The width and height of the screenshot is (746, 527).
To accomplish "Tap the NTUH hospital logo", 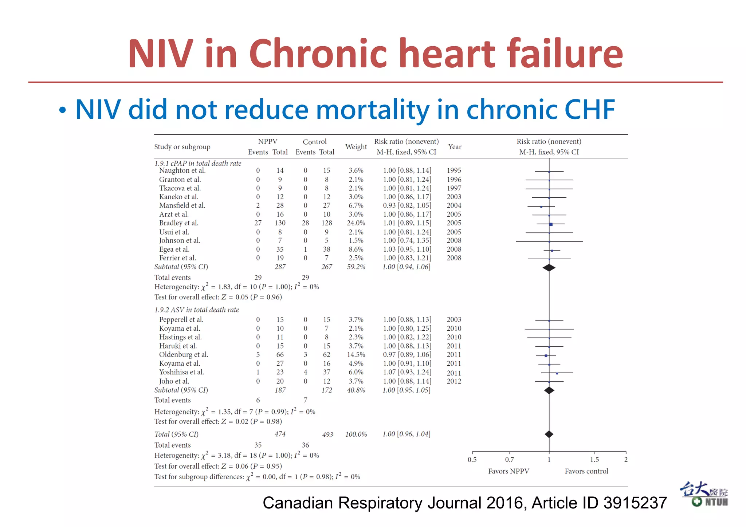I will (x=704, y=494).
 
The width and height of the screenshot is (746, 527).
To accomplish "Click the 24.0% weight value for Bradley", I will (x=356, y=223).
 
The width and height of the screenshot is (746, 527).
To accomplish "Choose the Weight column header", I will (x=356, y=147).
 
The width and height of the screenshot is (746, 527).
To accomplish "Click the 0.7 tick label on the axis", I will (x=509, y=460).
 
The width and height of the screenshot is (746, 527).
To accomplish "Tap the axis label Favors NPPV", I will (x=509, y=471).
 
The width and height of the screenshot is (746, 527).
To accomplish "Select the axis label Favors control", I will (x=586, y=471).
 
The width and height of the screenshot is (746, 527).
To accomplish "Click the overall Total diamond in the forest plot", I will (x=549, y=434).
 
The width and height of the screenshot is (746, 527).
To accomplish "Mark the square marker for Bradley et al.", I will (x=551, y=224).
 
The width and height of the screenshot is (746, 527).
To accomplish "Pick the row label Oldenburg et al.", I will (x=184, y=355).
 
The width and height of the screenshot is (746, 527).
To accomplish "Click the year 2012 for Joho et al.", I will (x=454, y=381).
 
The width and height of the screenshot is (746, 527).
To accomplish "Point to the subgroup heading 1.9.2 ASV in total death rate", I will (x=197, y=310).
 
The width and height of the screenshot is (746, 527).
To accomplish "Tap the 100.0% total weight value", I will (x=356, y=434).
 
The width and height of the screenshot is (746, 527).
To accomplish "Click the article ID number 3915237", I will (x=635, y=503).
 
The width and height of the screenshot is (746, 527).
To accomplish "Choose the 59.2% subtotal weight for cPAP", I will (x=356, y=267).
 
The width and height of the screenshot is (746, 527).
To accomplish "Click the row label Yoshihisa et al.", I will (x=181, y=372).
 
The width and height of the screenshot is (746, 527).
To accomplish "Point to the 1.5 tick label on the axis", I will (x=594, y=460).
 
